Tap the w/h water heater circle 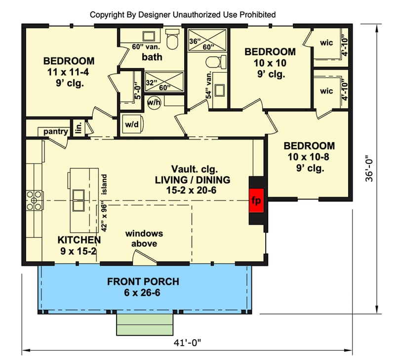[154, 103]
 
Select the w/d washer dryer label [132, 125]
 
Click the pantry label [55, 131]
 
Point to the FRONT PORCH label [143, 282]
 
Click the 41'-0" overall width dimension [187, 341]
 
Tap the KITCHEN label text [79, 240]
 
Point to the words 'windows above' [144, 239]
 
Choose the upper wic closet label [326, 43]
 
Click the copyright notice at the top [183, 15]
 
